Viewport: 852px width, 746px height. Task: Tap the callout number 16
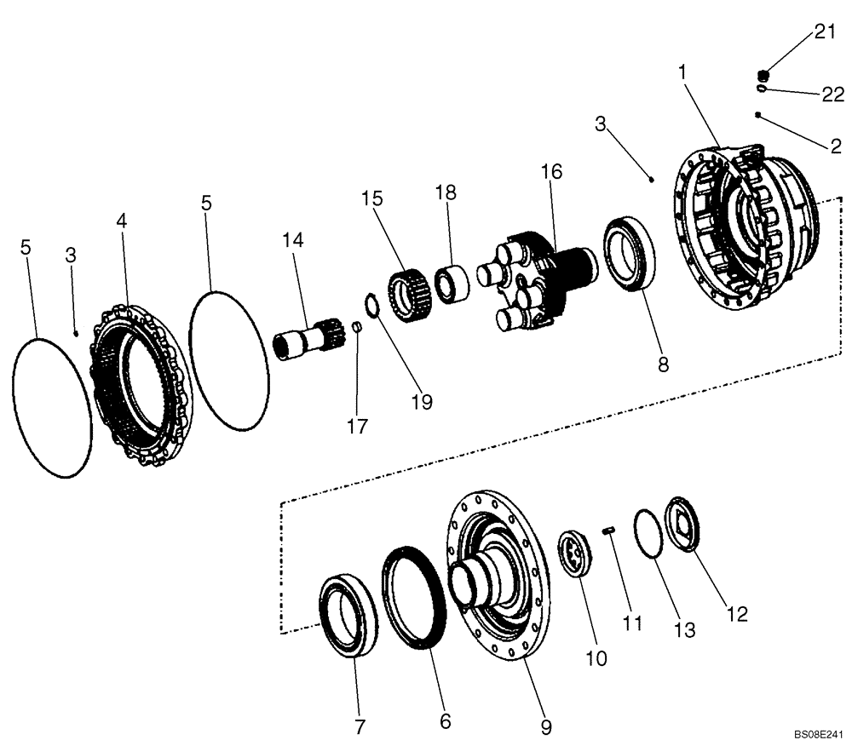click(551, 171)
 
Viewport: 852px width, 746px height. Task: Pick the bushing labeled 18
click(451, 283)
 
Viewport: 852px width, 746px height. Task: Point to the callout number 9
click(545, 727)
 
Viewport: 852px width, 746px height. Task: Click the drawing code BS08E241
click(819, 733)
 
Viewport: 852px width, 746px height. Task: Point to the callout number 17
click(358, 426)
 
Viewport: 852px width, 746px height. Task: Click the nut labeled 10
click(576, 556)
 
